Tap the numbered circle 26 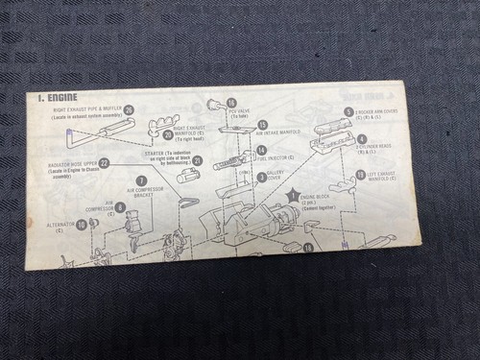[x=128, y=110]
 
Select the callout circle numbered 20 [x=168, y=135]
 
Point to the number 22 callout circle [x=104, y=163]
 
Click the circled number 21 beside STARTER [x=198, y=160]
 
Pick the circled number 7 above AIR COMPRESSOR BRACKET [x=141, y=180]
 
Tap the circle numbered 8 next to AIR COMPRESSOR [x=119, y=206]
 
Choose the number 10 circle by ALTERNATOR [x=82, y=225]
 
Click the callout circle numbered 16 [x=230, y=103]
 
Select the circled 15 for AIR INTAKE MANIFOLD [x=262, y=125]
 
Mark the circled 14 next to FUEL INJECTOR [x=261, y=151]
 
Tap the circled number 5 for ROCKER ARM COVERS [x=348, y=112]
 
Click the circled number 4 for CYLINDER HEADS [x=362, y=139]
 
